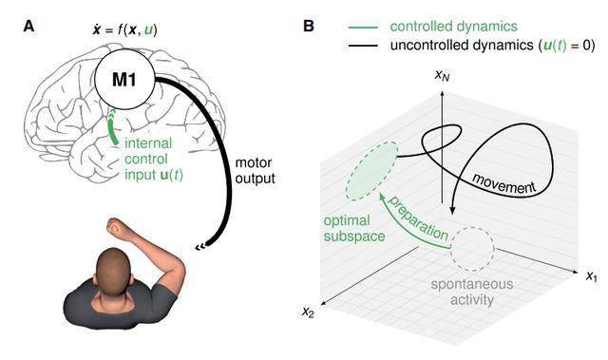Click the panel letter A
[x=28, y=28]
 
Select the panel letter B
[x=308, y=27]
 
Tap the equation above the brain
[x=124, y=29]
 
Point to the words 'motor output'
[x=255, y=171]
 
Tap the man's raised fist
[x=115, y=227]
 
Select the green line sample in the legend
[x=363, y=28]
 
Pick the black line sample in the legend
[x=363, y=46]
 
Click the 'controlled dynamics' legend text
[x=454, y=27]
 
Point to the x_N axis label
[x=442, y=76]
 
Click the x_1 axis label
[x=592, y=275]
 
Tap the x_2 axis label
[x=308, y=312]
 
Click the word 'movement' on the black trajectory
[x=504, y=183]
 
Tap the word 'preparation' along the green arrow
[x=419, y=218]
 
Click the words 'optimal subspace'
[x=354, y=228]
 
